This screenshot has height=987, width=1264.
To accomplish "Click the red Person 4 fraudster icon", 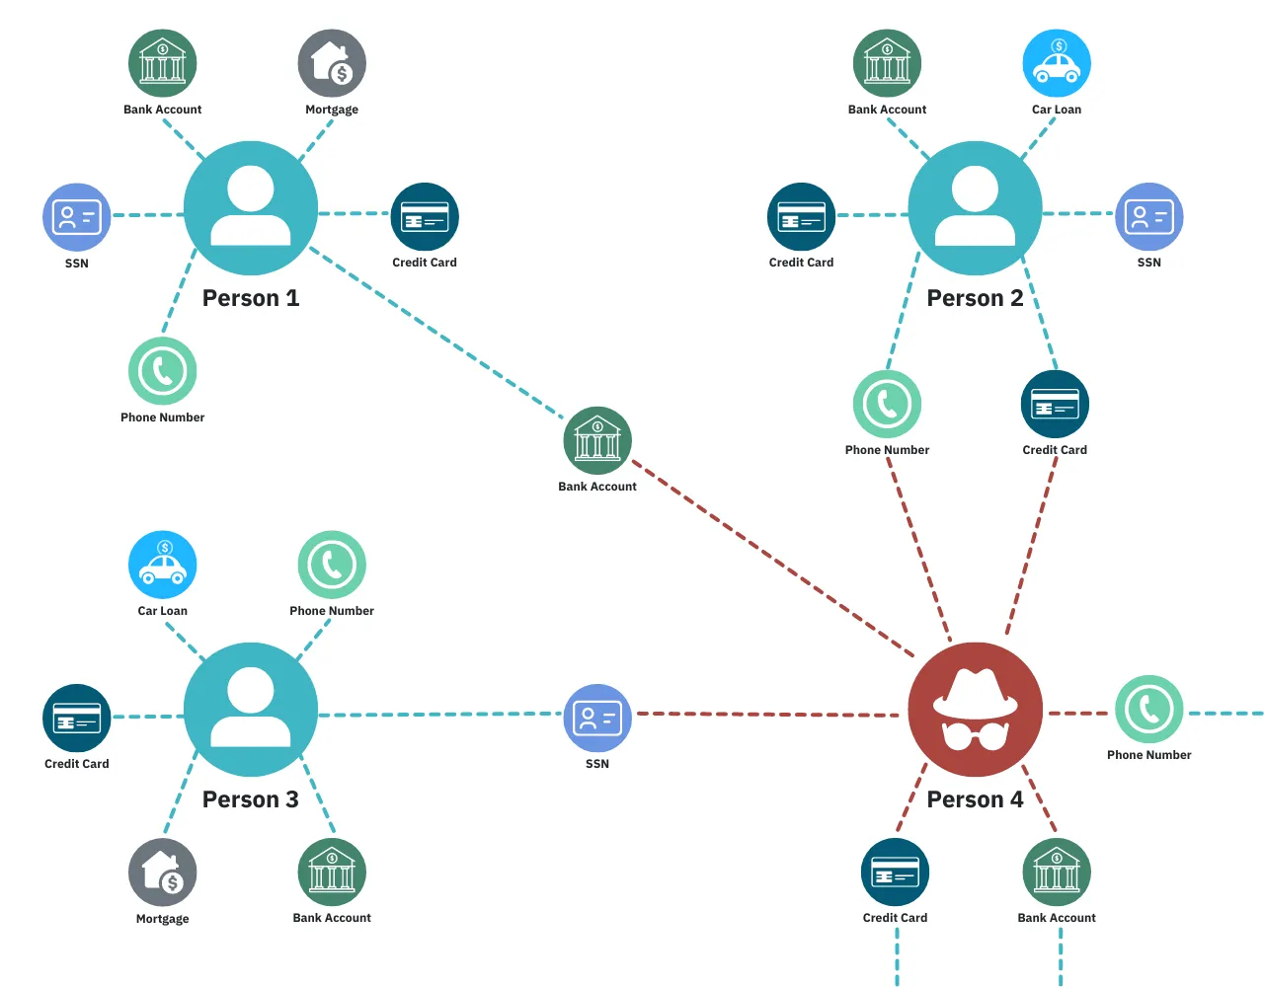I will tap(975, 710).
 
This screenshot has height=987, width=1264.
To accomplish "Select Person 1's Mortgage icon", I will tap(332, 63).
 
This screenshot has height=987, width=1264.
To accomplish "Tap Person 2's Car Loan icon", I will tap(1057, 63).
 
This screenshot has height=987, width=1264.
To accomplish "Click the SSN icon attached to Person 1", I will tap(76, 216).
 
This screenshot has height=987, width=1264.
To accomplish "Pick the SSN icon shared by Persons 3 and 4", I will tap(597, 718).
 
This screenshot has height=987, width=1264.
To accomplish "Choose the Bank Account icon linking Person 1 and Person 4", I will tap(597, 440).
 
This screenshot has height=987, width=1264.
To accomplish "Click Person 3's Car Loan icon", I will tap(163, 565).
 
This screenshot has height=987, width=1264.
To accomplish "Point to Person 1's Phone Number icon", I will tap(163, 371).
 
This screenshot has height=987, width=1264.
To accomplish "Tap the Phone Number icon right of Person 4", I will tap(1149, 709).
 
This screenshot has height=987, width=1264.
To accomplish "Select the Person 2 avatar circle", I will tap(975, 208).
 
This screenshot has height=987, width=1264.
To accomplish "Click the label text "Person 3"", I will tap(250, 799).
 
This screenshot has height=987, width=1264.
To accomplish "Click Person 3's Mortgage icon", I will tap(163, 873).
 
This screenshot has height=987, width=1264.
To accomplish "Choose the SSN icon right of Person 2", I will tap(1149, 216).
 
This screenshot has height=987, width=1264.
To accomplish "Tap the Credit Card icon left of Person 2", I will tap(801, 216).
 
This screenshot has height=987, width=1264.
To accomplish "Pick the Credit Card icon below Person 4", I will tap(895, 873).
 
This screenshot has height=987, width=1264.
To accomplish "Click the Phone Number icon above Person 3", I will tap(332, 565).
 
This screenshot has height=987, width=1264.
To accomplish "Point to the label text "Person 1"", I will tap(250, 298).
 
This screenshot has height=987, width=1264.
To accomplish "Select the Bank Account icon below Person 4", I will tap(1057, 873).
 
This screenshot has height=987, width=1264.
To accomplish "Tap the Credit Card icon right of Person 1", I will tap(425, 216).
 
